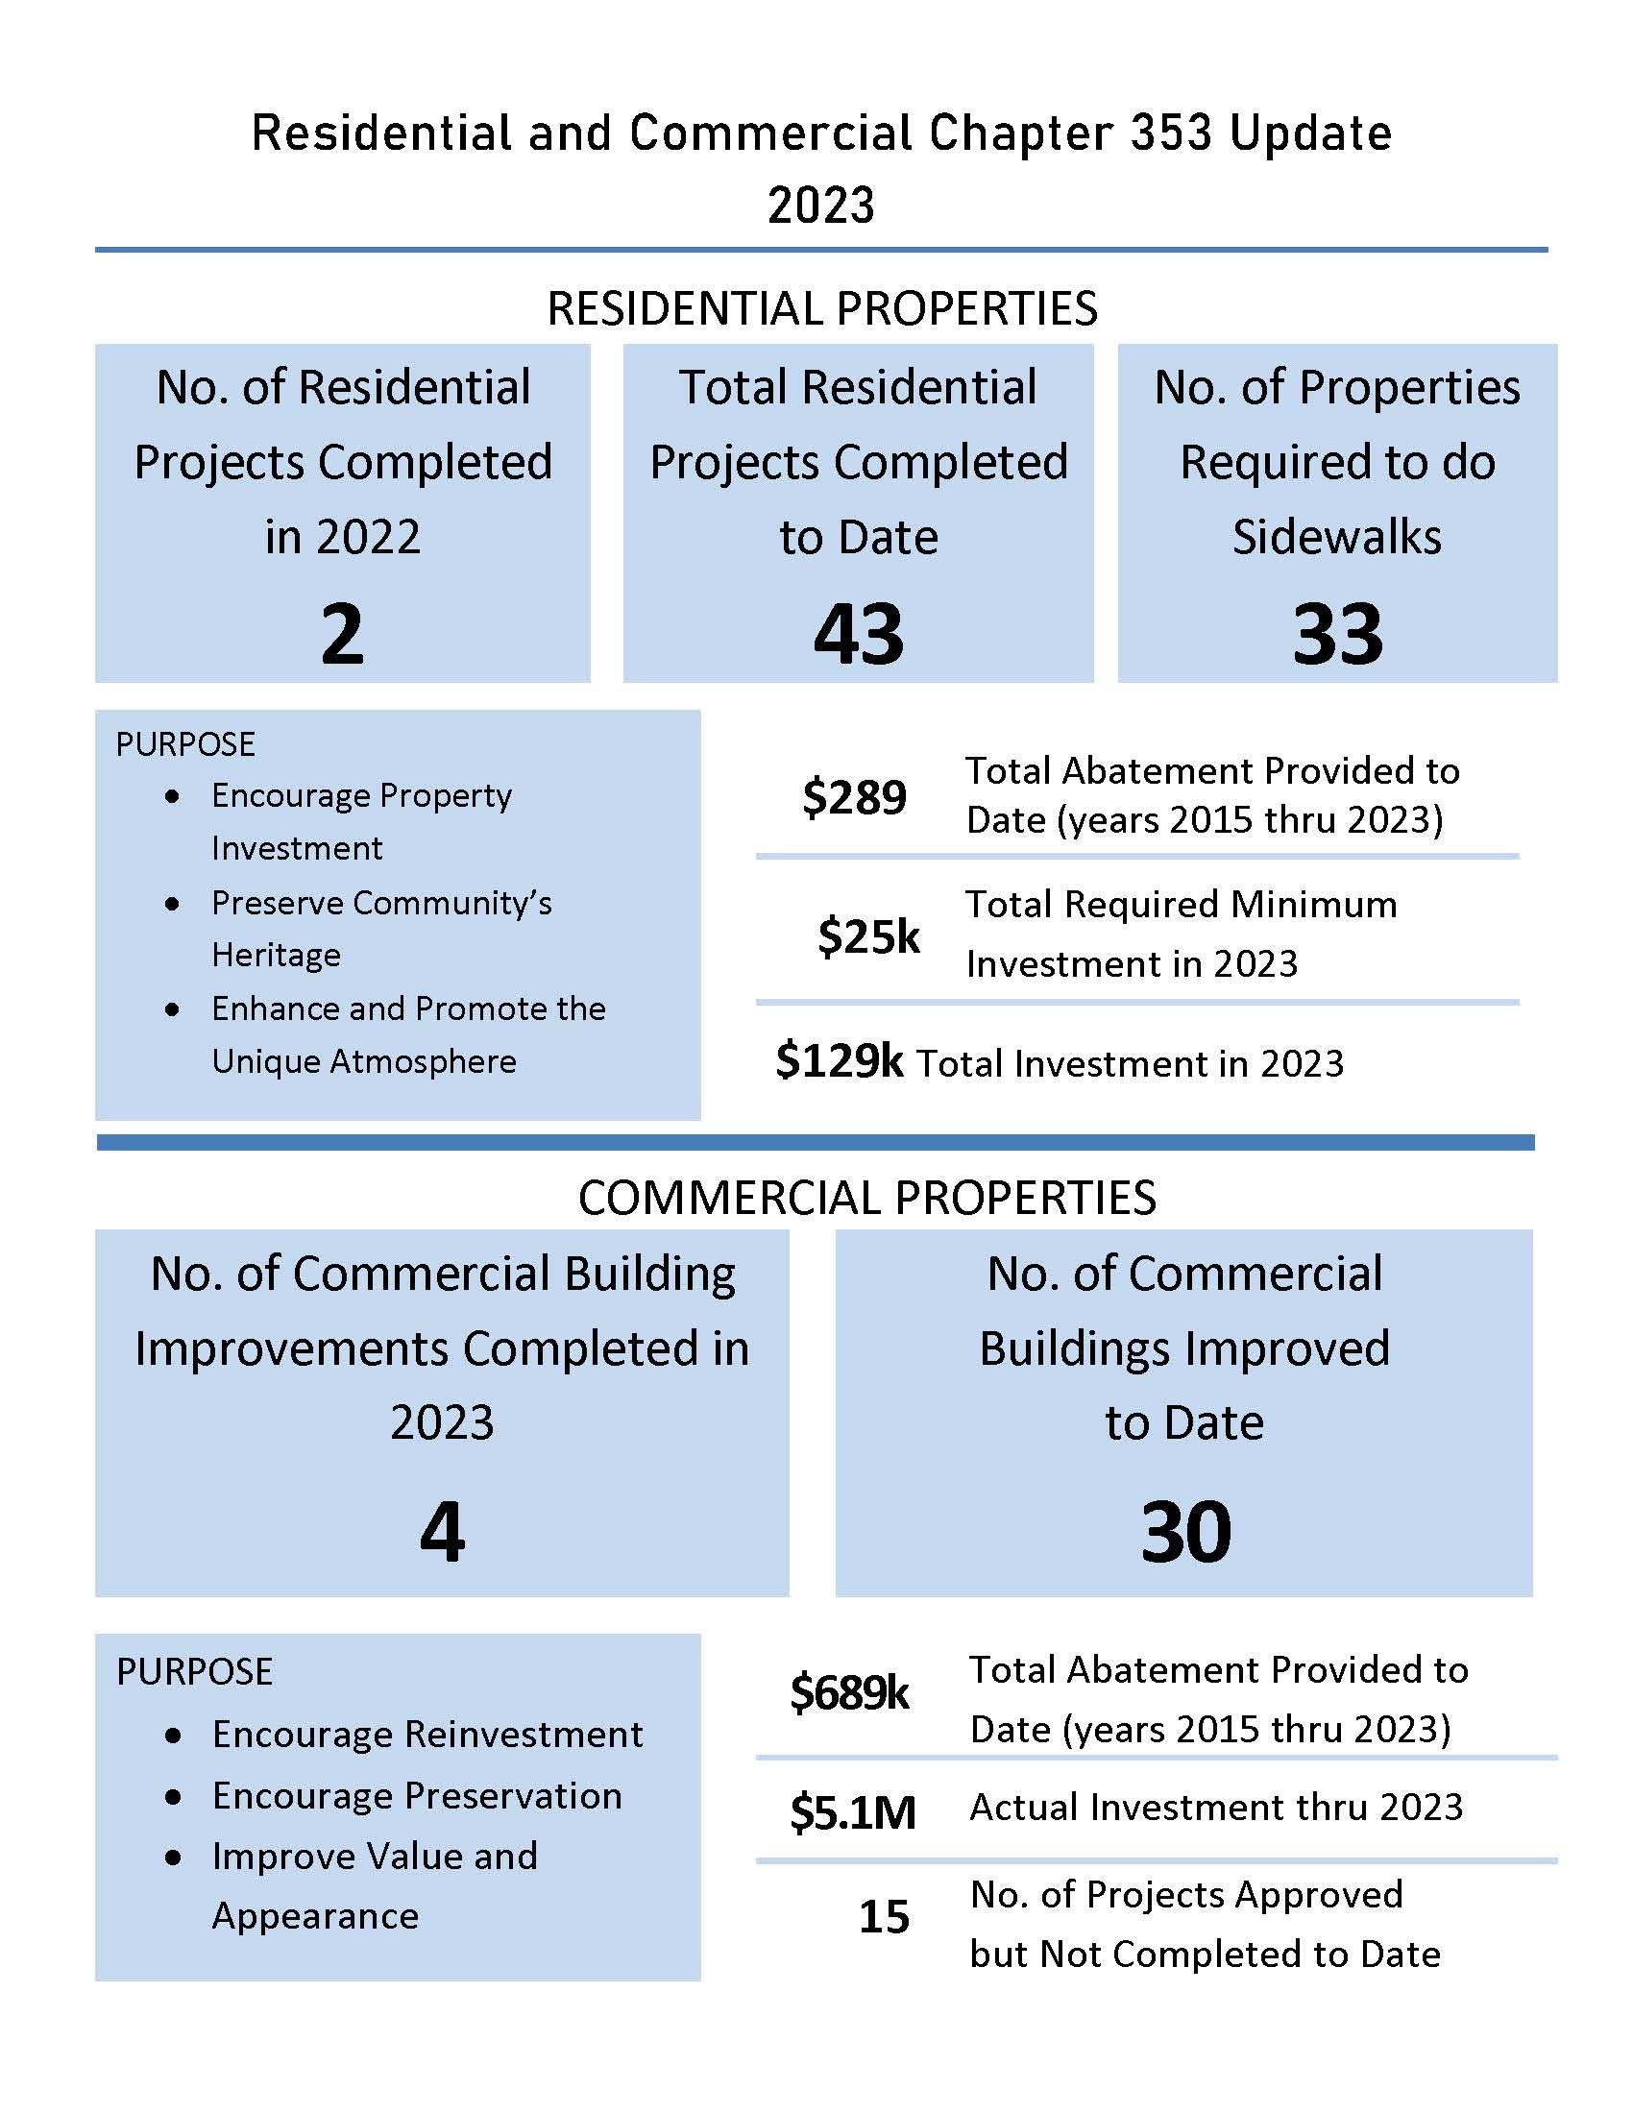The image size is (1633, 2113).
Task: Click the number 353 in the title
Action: (1170, 133)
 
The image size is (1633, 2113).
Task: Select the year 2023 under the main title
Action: (820, 206)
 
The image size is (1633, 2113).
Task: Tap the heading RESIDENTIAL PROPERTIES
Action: (821, 308)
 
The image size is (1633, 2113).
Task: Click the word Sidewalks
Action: (1336, 536)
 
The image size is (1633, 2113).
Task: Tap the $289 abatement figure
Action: (853, 797)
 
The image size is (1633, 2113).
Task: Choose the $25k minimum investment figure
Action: (867, 935)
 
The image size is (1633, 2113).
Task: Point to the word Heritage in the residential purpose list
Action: (276, 955)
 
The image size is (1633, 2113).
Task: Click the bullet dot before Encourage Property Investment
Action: (172, 796)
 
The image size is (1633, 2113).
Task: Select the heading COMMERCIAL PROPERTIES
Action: (865, 1198)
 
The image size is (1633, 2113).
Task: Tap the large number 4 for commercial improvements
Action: (442, 1533)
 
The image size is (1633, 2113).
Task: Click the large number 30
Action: (1185, 1533)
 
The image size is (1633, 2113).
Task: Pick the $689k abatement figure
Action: (848, 1692)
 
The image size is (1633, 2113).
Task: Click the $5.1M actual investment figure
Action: (851, 1811)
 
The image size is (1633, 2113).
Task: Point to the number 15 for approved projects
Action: (883, 1917)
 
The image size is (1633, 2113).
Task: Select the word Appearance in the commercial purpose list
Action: (314, 1916)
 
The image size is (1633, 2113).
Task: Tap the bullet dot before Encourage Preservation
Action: (173, 1797)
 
